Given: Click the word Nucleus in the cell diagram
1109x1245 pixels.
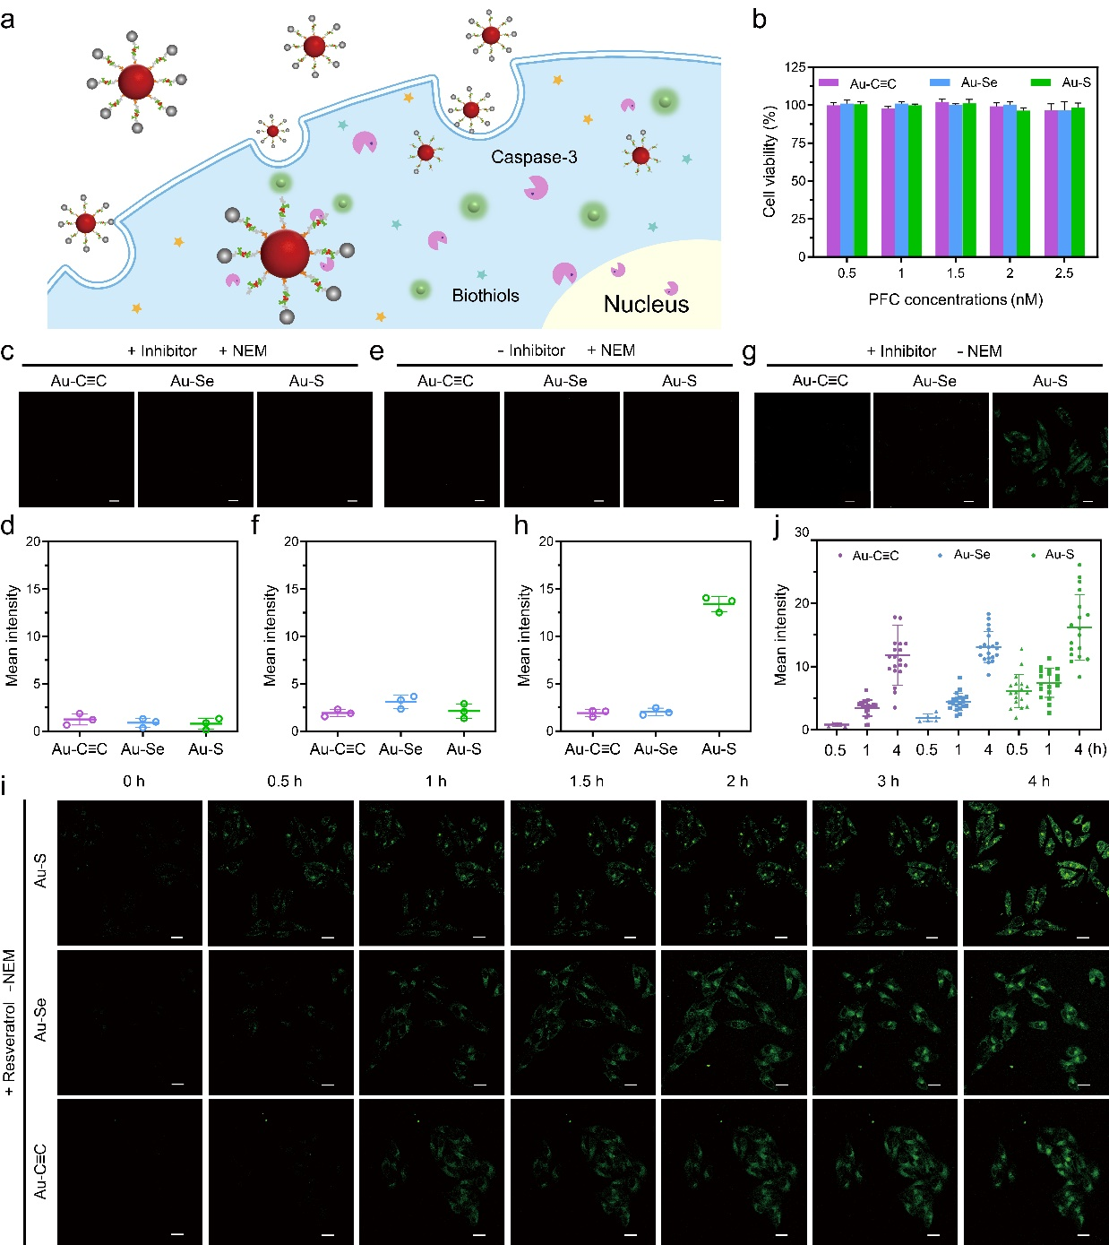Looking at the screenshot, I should click(x=646, y=305).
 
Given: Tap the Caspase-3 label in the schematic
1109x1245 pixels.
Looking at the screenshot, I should click(x=534, y=158).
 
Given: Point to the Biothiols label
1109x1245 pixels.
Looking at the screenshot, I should click(x=486, y=296).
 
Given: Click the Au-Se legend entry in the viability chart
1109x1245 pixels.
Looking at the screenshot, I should click(x=978, y=82).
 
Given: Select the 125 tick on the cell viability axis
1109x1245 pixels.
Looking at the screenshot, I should click(x=795, y=67).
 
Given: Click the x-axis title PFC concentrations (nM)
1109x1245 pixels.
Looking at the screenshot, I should click(x=955, y=299).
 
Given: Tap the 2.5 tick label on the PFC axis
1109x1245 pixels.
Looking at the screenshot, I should click(x=1063, y=273).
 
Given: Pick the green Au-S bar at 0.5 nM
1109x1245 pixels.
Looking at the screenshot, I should click(x=861, y=180).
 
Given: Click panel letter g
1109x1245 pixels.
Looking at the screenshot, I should click(x=749, y=351).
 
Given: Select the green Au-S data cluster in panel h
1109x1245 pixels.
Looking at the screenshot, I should click(x=718, y=604).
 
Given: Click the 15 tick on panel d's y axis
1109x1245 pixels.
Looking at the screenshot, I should click(x=33, y=589).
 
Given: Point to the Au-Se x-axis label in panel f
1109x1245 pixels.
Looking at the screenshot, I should click(x=400, y=749).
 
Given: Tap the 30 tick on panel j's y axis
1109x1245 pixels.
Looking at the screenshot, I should click(x=801, y=532).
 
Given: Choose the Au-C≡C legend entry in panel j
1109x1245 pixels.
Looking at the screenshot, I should click(x=874, y=556).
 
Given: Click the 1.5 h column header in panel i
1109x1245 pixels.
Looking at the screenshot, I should click(x=586, y=782).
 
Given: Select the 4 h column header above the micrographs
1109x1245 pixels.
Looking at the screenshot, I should click(x=1038, y=782).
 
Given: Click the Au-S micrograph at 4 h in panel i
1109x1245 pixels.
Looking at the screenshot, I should click(x=1035, y=872).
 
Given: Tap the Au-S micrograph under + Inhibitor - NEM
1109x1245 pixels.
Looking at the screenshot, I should click(x=1049, y=450).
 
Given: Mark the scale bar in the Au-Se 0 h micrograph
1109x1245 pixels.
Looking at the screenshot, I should click(x=177, y=1085).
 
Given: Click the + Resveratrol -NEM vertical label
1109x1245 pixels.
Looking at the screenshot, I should click(x=10, y=1023).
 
